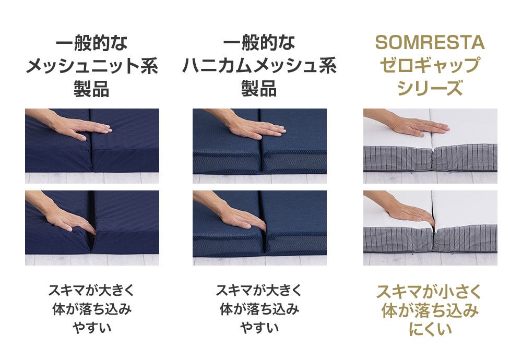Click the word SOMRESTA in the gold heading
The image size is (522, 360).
pyautogui.click(x=430, y=43)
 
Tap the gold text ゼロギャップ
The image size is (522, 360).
pyautogui.click(x=430, y=66)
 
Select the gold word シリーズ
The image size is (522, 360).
pyautogui.click(x=430, y=88)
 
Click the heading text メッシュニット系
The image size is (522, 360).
pyautogui.click(x=92, y=66)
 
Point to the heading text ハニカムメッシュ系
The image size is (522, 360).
pyautogui.click(x=259, y=66)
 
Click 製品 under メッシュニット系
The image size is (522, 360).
pyautogui.click(x=92, y=89)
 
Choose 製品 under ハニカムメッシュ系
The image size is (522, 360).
pyautogui.click(x=259, y=89)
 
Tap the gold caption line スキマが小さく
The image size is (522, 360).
pyautogui.click(x=430, y=291)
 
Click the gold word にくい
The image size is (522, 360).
pyautogui.click(x=430, y=329)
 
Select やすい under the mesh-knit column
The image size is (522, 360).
pyautogui.click(x=92, y=328)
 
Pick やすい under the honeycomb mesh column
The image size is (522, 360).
pyautogui.click(x=259, y=328)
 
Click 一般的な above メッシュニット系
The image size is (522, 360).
pyautogui.click(x=92, y=43)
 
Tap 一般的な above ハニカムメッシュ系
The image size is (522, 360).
pyautogui.click(x=259, y=43)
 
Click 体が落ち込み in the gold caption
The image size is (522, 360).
pyautogui.click(x=430, y=310)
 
